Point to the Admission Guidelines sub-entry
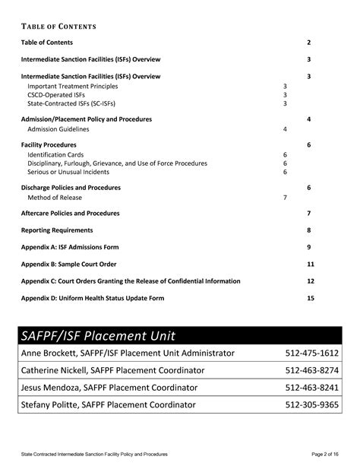(58, 129)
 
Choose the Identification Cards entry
(55, 154)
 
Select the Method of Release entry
(55, 198)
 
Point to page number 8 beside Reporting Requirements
(309, 230)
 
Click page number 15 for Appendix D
(310, 298)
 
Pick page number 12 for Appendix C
(310, 281)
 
